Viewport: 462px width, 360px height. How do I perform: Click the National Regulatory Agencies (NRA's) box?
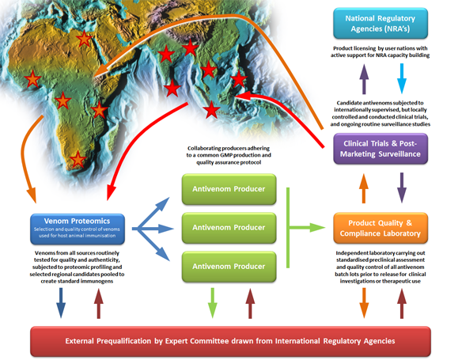(381, 23)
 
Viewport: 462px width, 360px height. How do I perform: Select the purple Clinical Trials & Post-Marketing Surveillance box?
(381, 149)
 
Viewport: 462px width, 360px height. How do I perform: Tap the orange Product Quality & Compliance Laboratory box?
(381, 228)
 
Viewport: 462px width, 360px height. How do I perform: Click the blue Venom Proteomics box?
(78, 229)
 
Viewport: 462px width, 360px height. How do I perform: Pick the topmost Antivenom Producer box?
(229, 189)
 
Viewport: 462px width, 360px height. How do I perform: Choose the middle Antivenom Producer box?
(229, 228)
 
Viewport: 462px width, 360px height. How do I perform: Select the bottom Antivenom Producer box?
(229, 267)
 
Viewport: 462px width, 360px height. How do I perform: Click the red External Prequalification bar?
(230, 341)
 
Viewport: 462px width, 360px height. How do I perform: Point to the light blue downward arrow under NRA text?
(402, 78)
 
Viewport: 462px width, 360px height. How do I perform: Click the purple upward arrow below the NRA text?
(364, 79)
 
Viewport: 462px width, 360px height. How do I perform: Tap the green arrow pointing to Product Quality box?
(307, 227)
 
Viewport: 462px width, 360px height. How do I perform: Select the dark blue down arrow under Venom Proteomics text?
(61, 303)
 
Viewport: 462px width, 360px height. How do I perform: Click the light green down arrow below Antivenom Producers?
(213, 303)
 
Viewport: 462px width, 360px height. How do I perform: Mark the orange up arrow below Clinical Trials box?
(364, 188)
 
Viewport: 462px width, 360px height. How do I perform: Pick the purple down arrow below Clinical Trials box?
(402, 188)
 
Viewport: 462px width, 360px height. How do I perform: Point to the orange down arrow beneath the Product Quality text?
(364, 303)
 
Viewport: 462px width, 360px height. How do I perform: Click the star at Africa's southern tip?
(78, 159)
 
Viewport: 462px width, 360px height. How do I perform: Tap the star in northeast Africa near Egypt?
(84, 38)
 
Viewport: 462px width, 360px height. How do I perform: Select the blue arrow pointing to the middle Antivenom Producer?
(153, 229)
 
